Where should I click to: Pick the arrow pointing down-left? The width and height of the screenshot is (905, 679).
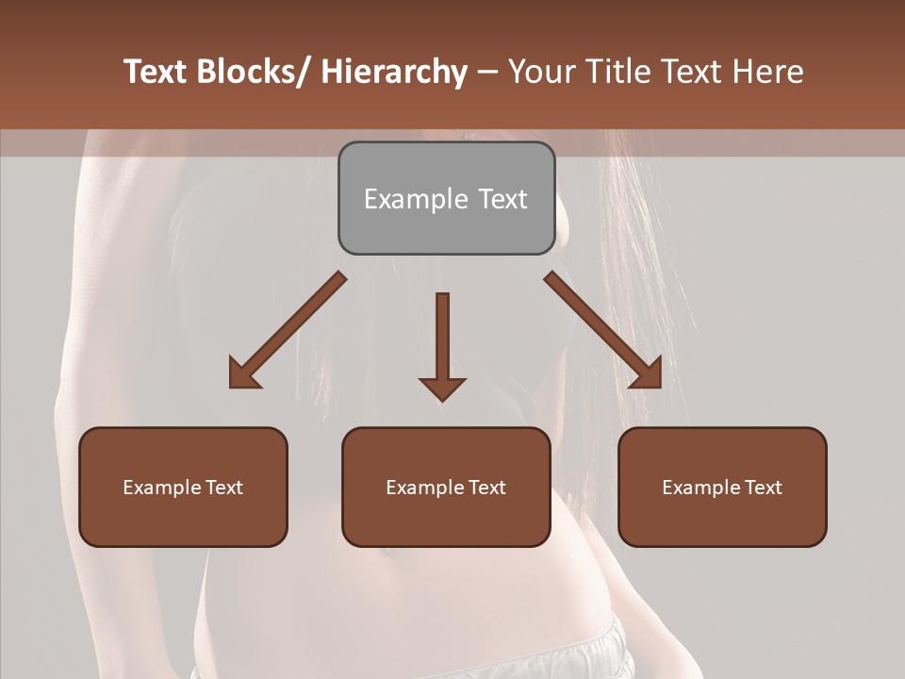tap(288, 331)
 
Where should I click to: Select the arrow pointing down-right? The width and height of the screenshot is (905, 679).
tap(603, 331)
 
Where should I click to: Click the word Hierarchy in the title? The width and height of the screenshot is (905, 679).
tap(394, 73)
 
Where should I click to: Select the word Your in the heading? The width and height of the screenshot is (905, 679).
tap(541, 73)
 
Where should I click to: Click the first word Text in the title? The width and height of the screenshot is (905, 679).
tap(156, 73)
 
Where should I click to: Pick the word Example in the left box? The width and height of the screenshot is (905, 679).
tap(160, 488)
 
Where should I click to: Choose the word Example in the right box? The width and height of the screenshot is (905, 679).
tap(699, 488)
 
